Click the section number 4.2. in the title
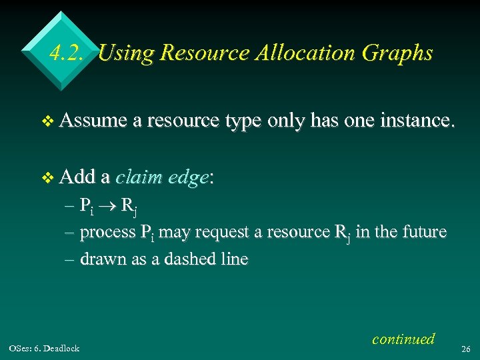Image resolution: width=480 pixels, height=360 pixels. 67,53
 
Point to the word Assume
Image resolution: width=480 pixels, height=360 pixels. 93,121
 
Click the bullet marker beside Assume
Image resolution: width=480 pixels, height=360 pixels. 46,122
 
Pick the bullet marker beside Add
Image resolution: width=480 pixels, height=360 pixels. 46,178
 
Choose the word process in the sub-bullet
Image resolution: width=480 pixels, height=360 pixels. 107,233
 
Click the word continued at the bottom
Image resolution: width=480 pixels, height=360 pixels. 403,339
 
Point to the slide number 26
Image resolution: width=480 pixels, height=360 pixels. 466,348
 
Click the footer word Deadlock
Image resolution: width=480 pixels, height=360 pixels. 63,348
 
